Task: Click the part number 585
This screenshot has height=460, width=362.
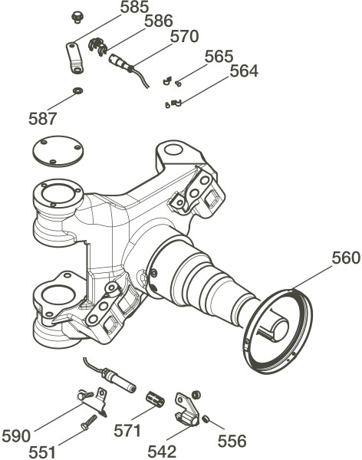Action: click(x=135, y=7)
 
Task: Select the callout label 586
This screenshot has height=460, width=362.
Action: click(x=159, y=21)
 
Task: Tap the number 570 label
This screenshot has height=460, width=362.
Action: click(x=184, y=36)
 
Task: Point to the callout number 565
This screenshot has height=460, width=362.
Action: click(x=219, y=56)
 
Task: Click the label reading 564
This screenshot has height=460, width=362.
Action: click(x=244, y=71)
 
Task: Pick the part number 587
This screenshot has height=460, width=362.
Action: click(x=42, y=119)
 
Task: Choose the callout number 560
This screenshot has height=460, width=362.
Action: click(x=346, y=258)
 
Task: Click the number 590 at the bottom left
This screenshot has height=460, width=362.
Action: click(x=16, y=435)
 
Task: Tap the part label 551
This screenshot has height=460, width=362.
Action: click(x=42, y=452)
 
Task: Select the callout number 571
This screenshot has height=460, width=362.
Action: click(x=127, y=430)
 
